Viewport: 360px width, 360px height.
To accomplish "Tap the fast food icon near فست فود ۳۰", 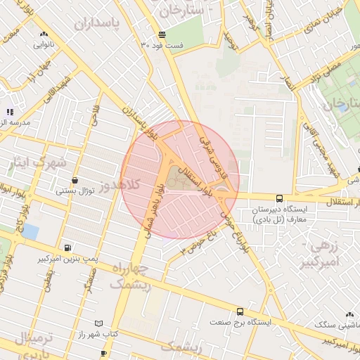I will coord(162,34).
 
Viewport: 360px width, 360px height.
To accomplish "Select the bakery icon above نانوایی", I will coord(44,34).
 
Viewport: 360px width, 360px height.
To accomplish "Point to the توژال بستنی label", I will coord(75,191).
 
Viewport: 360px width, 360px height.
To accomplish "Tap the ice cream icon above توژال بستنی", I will coord(75,181).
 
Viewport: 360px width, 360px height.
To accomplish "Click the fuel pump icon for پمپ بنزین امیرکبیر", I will coord(67,247).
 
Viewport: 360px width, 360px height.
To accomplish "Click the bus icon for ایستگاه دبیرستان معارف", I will coord(279,199).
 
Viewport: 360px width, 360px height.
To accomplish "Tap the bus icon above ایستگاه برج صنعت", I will coord(240,311).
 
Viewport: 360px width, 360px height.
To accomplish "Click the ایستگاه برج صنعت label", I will coord(240,321).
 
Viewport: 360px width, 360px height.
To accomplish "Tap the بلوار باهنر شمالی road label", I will coord(154,207).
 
